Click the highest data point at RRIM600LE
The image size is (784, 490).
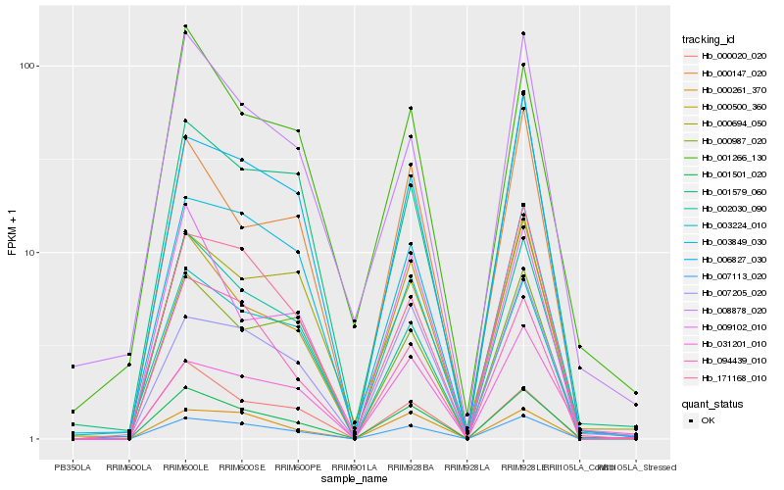185,26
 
